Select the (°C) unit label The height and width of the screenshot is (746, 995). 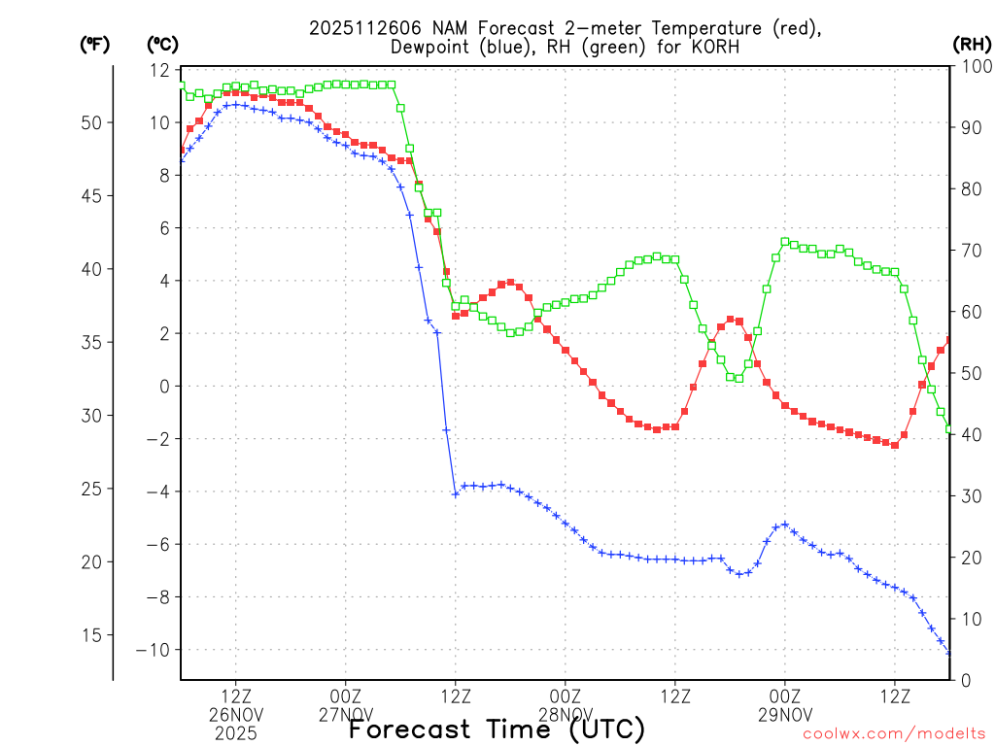click(x=162, y=44)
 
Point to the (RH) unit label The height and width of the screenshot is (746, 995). click(x=972, y=44)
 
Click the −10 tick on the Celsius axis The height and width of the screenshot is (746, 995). click(x=153, y=650)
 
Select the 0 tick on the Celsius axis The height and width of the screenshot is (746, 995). click(x=163, y=387)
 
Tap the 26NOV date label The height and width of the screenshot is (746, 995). click(x=236, y=714)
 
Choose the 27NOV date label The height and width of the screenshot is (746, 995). click(x=346, y=714)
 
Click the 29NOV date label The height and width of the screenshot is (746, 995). click(x=785, y=714)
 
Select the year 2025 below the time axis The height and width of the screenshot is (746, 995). click(x=236, y=732)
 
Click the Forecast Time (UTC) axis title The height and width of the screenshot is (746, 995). click(x=497, y=729)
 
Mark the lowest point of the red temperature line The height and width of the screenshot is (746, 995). click(x=895, y=445)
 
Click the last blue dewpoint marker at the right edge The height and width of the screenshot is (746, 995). click(x=949, y=652)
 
